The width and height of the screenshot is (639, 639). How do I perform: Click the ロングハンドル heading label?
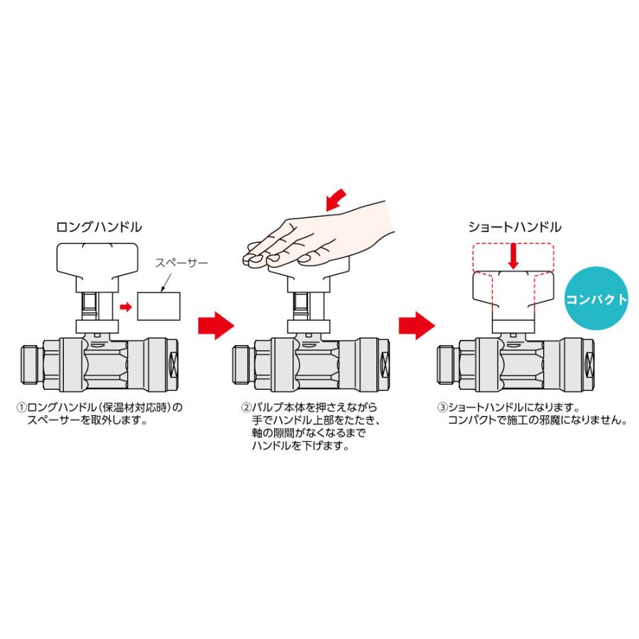99,227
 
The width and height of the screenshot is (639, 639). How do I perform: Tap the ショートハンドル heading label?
515,227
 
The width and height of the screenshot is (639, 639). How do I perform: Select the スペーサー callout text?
181,263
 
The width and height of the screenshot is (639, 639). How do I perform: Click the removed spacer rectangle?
159,306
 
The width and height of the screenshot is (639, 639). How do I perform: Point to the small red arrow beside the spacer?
126,307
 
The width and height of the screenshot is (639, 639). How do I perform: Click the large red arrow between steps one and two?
216,326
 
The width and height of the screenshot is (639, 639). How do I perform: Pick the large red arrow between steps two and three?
417,326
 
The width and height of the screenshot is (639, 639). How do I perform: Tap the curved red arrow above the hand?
337,200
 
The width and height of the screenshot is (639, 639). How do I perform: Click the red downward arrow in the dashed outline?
513,256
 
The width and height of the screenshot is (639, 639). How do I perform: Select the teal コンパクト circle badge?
596,298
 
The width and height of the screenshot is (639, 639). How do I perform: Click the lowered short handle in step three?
513,291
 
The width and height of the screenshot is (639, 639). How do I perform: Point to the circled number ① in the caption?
21,408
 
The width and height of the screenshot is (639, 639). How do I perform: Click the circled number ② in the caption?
246,408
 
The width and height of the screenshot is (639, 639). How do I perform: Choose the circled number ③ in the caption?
442,408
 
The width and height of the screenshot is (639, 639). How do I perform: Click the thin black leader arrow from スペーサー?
166,282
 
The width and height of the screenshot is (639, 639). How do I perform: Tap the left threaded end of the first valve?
32,364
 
